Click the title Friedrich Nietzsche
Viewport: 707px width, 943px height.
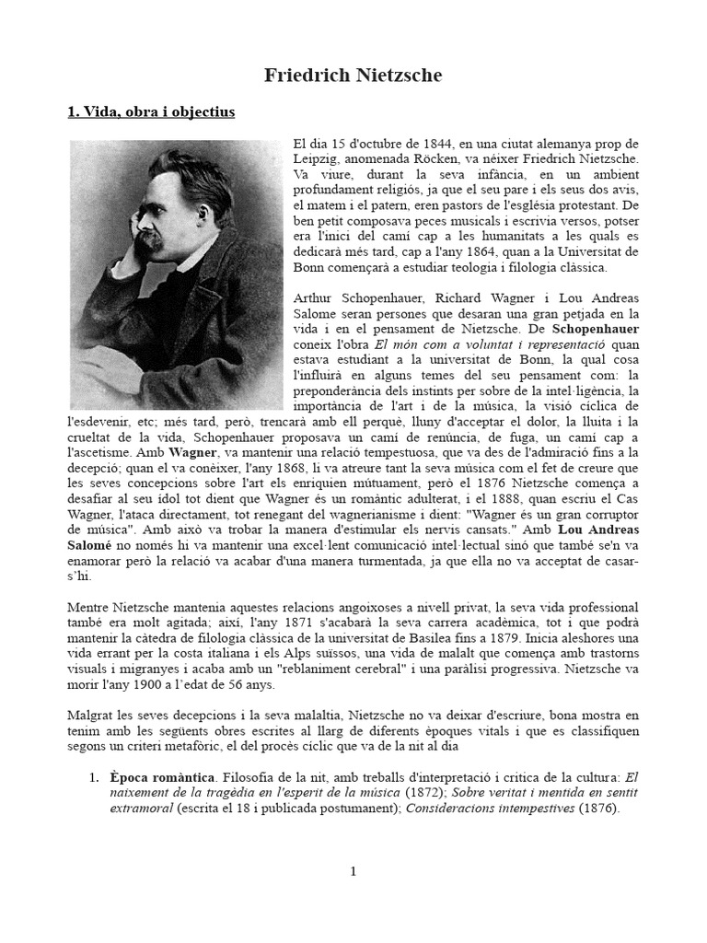[x=353, y=76]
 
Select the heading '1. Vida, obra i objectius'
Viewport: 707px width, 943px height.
[x=152, y=112]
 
